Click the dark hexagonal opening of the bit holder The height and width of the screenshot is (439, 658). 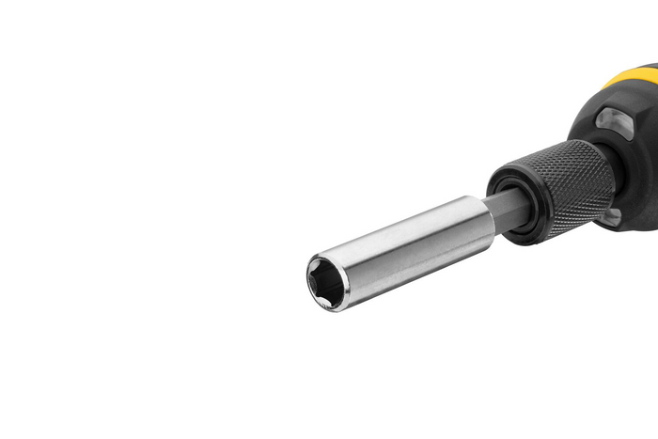(x=326, y=279)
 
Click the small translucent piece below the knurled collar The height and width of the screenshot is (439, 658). (x=611, y=218)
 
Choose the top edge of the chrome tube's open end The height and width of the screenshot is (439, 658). (x=320, y=255)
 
